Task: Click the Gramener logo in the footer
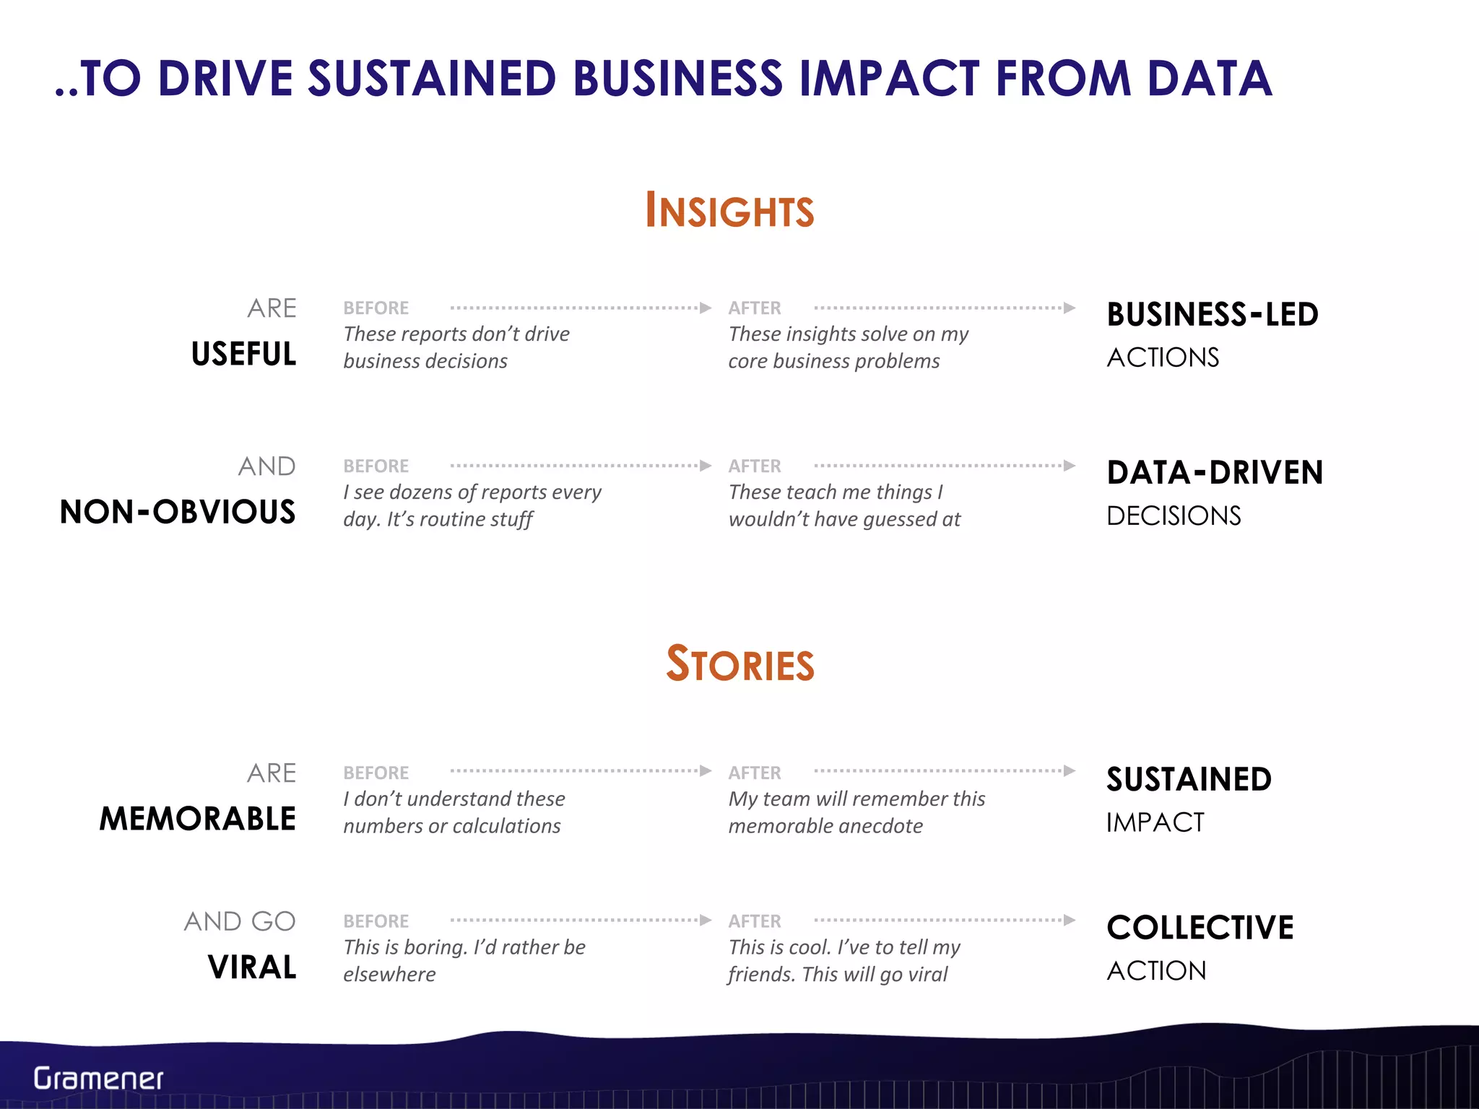pyautogui.click(x=98, y=1079)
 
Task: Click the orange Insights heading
pyautogui.click(x=729, y=211)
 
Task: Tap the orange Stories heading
pyautogui.click(x=739, y=664)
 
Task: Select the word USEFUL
pyautogui.click(x=244, y=355)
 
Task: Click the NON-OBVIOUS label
pyautogui.click(x=178, y=512)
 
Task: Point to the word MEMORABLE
pyautogui.click(x=198, y=819)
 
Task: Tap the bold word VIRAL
pyautogui.click(x=252, y=967)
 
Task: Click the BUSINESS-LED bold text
pyautogui.click(x=1213, y=315)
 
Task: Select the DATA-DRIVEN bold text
pyautogui.click(x=1215, y=473)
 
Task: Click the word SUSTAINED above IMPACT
pyautogui.click(x=1189, y=780)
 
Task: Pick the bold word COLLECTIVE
pyautogui.click(x=1200, y=928)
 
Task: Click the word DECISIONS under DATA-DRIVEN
pyautogui.click(x=1174, y=516)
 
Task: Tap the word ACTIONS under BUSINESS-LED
pyautogui.click(x=1163, y=358)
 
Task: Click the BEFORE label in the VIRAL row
pyautogui.click(x=376, y=922)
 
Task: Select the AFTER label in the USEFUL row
pyautogui.click(x=755, y=308)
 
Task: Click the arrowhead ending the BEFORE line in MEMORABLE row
pyautogui.click(x=706, y=771)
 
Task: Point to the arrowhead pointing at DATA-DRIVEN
pyautogui.click(x=1070, y=466)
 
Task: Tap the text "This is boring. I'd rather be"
pyautogui.click(x=464, y=947)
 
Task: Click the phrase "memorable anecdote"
pyautogui.click(x=825, y=826)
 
